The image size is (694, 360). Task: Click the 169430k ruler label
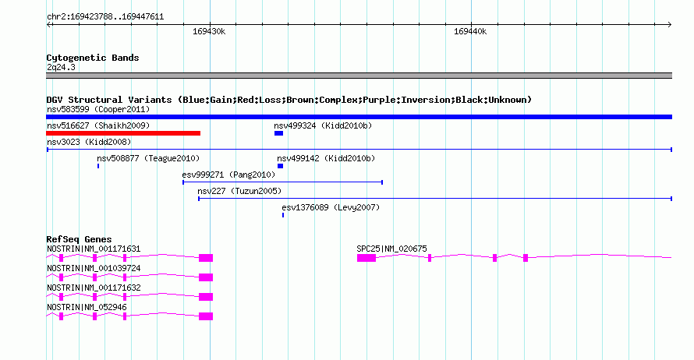(209, 31)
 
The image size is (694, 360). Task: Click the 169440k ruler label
(470, 31)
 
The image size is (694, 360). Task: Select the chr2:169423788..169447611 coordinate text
(105, 17)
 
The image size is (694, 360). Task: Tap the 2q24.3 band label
(61, 67)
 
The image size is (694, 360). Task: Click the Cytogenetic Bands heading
(93, 58)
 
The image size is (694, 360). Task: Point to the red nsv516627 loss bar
(123, 133)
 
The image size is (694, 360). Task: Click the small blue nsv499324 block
(278, 133)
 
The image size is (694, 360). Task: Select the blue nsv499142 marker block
(280, 166)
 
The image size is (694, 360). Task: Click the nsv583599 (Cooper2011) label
(98, 109)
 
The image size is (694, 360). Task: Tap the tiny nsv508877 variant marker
(98, 166)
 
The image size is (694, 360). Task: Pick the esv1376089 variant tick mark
(283, 215)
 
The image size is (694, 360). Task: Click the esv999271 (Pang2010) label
(228, 175)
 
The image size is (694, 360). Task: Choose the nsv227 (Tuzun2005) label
(239, 191)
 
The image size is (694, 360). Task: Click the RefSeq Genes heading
(79, 239)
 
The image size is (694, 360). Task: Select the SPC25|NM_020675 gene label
(391, 249)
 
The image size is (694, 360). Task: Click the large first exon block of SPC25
(366, 258)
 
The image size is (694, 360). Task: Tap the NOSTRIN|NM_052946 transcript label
(87, 307)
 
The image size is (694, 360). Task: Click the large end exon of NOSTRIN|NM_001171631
(206, 258)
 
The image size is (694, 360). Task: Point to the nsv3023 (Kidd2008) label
(89, 142)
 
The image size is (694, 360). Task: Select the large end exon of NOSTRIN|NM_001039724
(206, 277)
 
